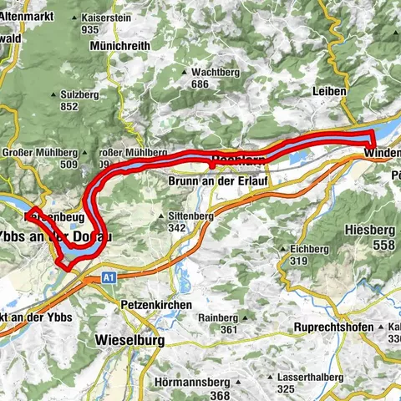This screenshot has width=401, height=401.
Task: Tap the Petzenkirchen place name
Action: click(x=155, y=306)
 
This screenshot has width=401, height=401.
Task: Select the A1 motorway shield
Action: click(x=109, y=277)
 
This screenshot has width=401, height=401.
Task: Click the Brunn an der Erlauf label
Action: click(x=212, y=180)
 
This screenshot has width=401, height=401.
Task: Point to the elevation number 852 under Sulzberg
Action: click(x=70, y=108)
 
